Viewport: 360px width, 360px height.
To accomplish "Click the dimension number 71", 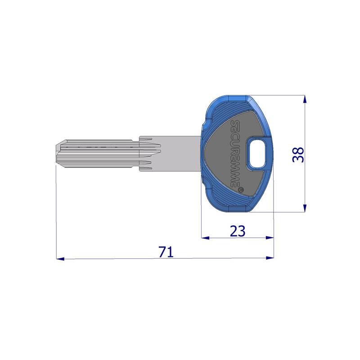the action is click(x=166, y=252).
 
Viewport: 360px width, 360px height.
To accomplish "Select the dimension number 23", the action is click(x=238, y=231).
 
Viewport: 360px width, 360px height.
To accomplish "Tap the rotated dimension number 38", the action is click(x=298, y=155).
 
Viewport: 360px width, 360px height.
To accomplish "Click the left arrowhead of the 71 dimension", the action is click(x=60, y=259).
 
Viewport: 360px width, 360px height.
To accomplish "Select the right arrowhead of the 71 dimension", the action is click(x=270, y=258).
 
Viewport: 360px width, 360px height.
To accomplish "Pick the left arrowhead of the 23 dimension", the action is click(x=205, y=238).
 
